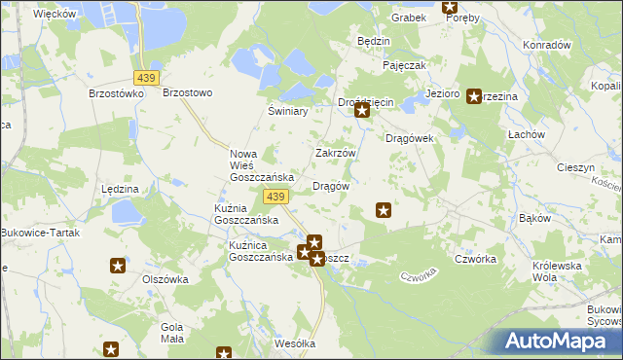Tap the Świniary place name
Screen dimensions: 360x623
(287, 112)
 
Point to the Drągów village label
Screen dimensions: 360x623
(330, 185)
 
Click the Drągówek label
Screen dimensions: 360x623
(409, 138)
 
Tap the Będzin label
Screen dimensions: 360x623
(374, 42)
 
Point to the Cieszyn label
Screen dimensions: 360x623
(575, 167)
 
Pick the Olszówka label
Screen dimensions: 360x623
(165, 278)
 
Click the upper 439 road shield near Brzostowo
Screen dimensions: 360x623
(148, 77)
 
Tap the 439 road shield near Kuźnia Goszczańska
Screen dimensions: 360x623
(275, 198)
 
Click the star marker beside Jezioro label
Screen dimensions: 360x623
(474, 95)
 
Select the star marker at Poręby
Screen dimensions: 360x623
(450, 7)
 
